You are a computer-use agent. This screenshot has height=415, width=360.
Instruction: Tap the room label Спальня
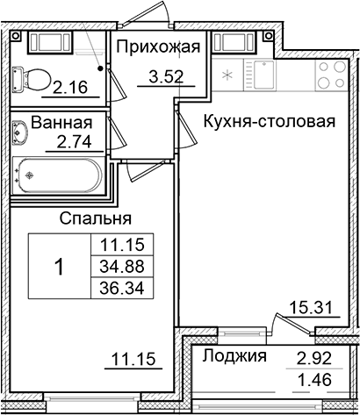96,218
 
